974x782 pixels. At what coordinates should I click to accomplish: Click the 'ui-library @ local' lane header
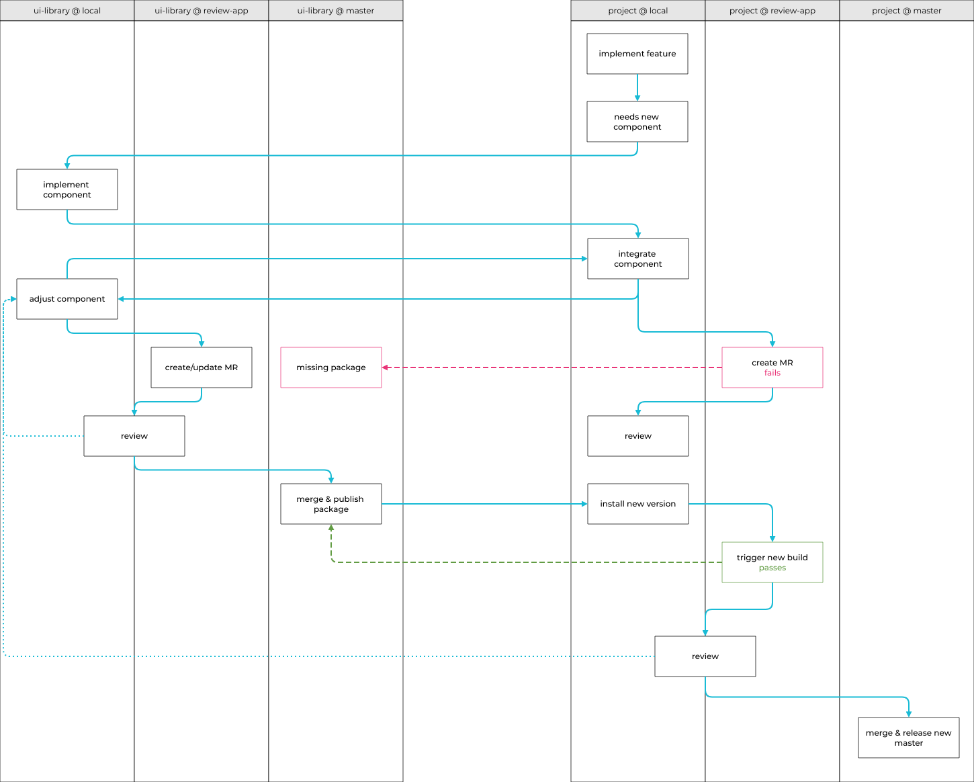click(67, 11)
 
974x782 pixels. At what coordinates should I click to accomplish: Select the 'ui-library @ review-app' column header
click(202, 11)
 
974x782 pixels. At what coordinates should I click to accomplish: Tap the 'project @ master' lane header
click(906, 11)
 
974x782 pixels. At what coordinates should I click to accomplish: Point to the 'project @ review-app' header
click(772, 11)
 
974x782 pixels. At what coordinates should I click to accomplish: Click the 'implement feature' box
click(637, 54)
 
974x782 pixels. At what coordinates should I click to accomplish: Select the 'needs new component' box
click(637, 122)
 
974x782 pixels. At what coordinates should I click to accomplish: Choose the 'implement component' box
click(67, 189)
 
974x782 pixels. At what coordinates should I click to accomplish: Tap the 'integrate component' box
click(637, 259)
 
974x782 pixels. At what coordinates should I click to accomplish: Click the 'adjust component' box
click(67, 299)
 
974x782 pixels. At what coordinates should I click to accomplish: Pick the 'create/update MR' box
click(202, 367)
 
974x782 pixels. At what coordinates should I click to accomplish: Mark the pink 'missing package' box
click(331, 367)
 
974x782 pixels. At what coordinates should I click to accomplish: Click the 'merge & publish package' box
click(331, 504)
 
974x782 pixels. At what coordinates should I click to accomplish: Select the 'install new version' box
click(637, 504)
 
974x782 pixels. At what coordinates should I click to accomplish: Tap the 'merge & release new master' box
click(908, 738)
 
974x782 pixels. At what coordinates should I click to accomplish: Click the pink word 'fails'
click(772, 373)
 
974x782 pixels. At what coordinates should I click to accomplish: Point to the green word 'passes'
click(772, 568)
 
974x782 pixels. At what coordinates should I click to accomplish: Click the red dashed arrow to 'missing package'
click(551, 367)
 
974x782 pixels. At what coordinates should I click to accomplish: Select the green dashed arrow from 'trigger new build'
click(524, 562)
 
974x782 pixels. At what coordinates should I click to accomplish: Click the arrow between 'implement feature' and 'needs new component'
click(637, 87)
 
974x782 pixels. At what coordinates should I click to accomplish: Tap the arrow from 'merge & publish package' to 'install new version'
click(484, 504)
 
